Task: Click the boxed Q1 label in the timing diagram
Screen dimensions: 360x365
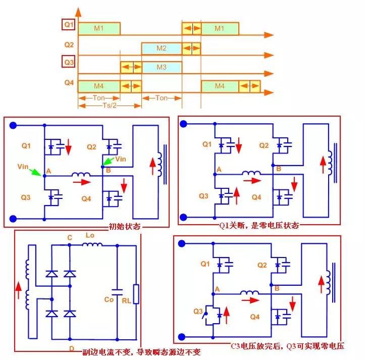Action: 69,24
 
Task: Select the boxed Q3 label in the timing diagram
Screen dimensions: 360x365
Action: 69,63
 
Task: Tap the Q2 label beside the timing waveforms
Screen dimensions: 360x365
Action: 69,44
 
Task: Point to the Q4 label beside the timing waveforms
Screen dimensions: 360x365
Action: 69,83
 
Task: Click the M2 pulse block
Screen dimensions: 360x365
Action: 161,48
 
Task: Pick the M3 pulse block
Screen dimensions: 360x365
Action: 161,67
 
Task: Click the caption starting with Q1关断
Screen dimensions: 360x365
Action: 258,225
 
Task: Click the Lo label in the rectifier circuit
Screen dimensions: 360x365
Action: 90,236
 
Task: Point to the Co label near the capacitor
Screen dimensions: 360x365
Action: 109,299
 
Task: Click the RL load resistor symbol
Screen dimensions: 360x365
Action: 135,294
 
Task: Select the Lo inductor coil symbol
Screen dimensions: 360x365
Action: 92,245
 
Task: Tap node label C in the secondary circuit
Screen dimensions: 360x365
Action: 70,237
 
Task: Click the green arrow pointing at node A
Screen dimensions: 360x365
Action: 37,172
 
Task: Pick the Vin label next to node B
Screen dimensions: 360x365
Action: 120,159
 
